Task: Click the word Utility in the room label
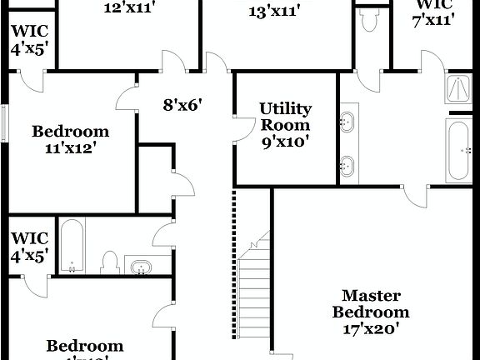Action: (286, 109)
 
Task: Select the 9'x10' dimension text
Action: (286, 142)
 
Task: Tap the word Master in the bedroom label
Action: (371, 296)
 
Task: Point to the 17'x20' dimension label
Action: (371, 328)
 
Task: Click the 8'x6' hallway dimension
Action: (183, 105)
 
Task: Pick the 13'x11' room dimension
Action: (275, 11)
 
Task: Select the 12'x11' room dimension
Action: (129, 8)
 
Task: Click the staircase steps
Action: (255, 283)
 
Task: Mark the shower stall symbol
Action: (458, 88)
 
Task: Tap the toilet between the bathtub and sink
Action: (108, 262)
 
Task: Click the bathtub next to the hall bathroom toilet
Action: (72, 246)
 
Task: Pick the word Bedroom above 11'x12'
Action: (70, 132)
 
